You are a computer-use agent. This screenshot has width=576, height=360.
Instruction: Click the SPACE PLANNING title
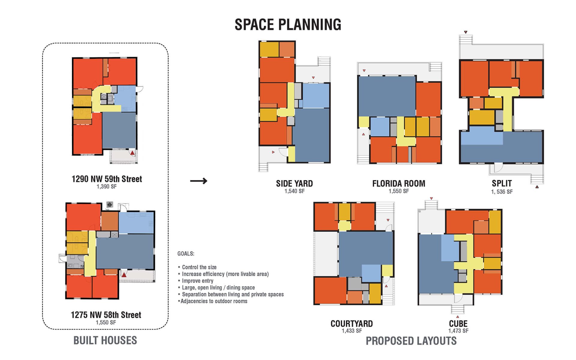pyautogui.click(x=288, y=25)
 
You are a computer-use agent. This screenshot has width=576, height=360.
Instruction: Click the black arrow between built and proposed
pyautogui.click(x=199, y=181)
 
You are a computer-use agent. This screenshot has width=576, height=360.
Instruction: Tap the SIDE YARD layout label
pyautogui.click(x=294, y=183)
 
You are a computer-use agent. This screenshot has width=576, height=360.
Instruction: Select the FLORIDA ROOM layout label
pyautogui.click(x=399, y=183)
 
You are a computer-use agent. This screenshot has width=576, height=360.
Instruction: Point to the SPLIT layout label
pyautogui.click(x=502, y=183)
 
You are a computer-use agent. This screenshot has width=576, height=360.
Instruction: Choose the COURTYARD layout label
pyautogui.click(x=352, y=324)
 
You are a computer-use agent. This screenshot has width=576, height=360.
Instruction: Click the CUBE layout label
pyautogui.click(x=458, y=324)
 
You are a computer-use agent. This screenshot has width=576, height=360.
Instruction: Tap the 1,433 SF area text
pyautogui.click(x=352, y=331)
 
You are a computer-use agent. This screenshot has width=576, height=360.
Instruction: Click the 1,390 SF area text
pyautogui.click(x=106, y=187)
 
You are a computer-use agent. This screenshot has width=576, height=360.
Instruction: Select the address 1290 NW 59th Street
pyautogui.click(x=106, y=179)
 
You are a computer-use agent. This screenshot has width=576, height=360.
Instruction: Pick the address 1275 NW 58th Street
pyautogui.click(x=106, y=315)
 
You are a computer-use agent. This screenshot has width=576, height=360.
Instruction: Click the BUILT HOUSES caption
pyautogui.click(x=105, y=340)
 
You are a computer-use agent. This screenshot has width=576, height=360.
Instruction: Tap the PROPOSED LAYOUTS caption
pyautogui.click(x=411, y=341)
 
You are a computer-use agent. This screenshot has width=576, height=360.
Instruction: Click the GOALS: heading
pyautogui.click(x=186, y=254)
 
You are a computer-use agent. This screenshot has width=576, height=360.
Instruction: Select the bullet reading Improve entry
pyautogui.click(x=196, y=281)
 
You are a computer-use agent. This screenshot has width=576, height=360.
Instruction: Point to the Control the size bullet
pyautogui.click(x=197, y=267)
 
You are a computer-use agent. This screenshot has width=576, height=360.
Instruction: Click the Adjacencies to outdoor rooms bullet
pyautogui.click(x=213, y=301)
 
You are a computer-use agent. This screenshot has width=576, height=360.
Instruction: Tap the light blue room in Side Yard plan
pyautogui.click(x=316, y=96)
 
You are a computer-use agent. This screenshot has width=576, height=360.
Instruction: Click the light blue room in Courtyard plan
pyautogui.click(x=371, y=273)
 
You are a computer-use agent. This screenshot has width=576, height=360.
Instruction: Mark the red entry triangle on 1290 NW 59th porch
pyautogui.click(x=132, y=153)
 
